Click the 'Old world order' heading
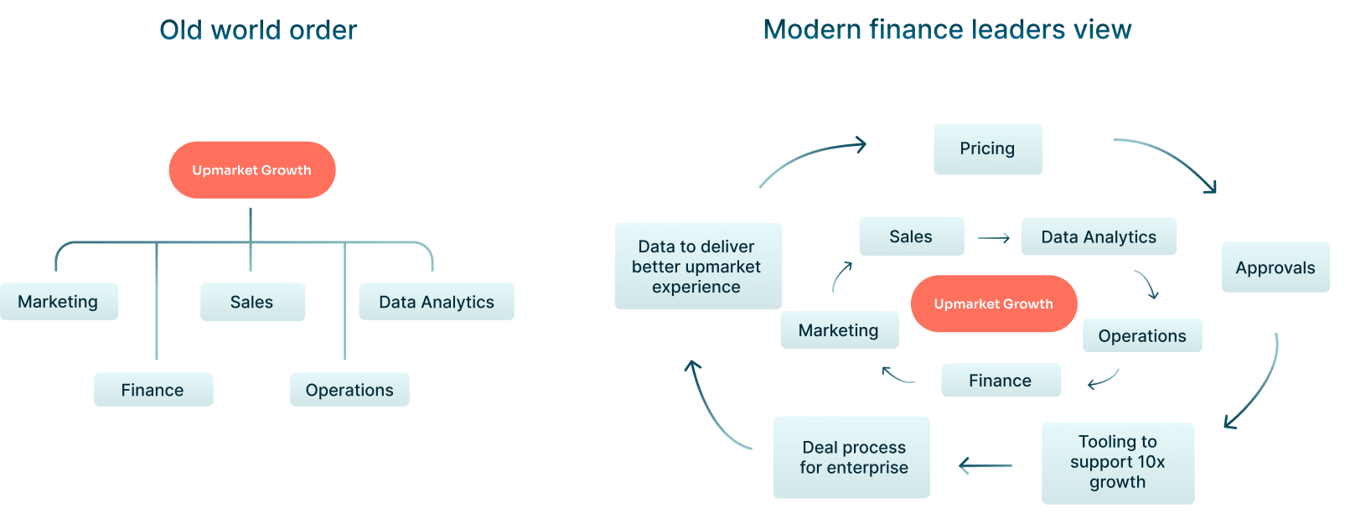click(258, 30)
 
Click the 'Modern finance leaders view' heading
click(947, 29)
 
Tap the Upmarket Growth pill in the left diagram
click(251, 170)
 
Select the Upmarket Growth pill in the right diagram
click(993, 304)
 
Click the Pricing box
click(987, 149)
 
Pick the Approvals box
click(1275, 267)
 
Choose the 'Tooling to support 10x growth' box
click(1117, 462)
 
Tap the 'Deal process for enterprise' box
click(851, 457)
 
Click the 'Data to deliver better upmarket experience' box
click(697, 266)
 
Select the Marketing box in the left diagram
click(59, 302)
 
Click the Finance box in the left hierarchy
click(153, 390)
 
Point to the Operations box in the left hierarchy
click(349, 390)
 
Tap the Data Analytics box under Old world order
click(436, 302)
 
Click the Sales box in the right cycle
click(911, 236)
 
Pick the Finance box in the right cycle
click(1001, 381)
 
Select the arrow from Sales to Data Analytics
click(994, 238)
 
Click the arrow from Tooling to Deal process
click(985, 465)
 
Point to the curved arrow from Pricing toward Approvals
click(1169, 159)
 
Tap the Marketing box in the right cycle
click(839, 330)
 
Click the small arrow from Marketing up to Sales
click(841, 277)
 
